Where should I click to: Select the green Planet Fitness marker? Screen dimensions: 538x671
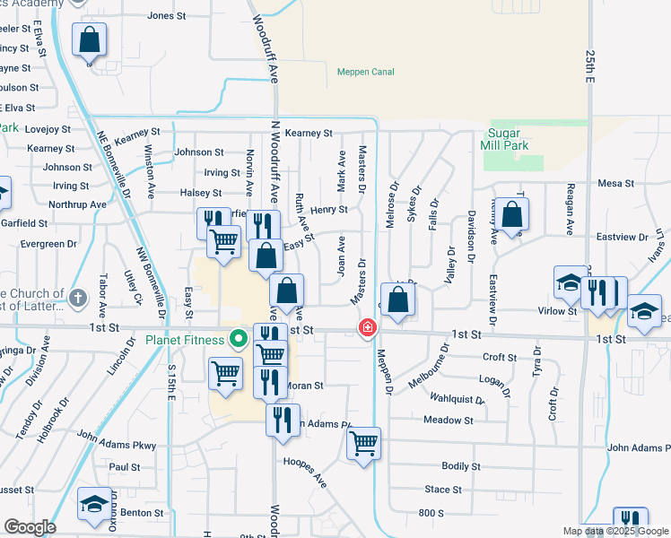(x=238, y=339)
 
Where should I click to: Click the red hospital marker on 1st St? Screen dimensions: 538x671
(x=367, y=328)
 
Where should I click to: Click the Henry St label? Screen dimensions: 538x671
(x=329, y=210)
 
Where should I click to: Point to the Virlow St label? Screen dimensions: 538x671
(x=556, y=311)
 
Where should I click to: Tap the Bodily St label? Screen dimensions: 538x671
(x=461, y=466)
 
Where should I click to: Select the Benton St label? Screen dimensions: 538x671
(x=142, y=513)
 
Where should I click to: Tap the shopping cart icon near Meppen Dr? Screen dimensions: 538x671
(x=363, y=443)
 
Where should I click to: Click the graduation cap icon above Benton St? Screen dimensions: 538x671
(x=93, y=504)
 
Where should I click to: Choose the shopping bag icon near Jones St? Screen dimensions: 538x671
(x=89, y=39)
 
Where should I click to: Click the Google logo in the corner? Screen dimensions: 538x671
(x=30, y=527)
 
